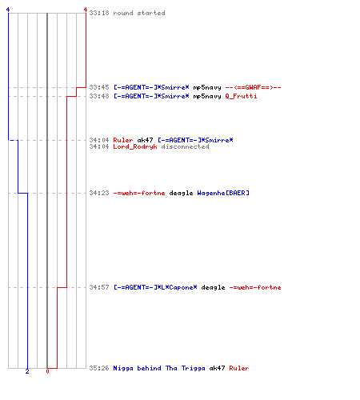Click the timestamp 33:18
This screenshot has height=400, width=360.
click(x=99, y=13)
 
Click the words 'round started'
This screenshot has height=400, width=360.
click(x=139, y=13)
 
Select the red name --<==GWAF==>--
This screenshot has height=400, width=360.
click(x=253, y=87)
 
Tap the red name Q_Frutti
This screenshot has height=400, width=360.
click(x=241, y=96)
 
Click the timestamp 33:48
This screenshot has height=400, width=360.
click(x=99, y=96)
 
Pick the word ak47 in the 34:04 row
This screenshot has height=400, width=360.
click(x=145, y=140)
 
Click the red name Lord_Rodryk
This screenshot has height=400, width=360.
click(x=135, y=146)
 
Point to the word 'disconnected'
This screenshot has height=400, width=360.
click(x=185, y=146)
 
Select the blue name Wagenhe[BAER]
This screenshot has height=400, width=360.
click(x=223, y=193)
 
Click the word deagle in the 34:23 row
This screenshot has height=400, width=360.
click(x=181, y=193)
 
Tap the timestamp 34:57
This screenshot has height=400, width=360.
click(x=99, y=287)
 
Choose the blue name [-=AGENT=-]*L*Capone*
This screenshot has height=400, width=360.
click(x=155, y=287)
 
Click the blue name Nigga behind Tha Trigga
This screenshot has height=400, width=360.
click(x=159, y=368)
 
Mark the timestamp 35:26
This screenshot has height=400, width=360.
click(x=99, y=368)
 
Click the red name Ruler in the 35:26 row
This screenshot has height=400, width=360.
click(x=239, y=368)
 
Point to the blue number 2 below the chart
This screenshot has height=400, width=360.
click(x=27, y=371)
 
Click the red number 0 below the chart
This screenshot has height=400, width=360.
click(x=47, y=371)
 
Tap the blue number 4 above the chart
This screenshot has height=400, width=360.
click(x=8, y=10)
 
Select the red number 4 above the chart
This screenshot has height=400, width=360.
click(x=86, y=10)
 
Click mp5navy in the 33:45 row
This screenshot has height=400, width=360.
click(x=207, y=87)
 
